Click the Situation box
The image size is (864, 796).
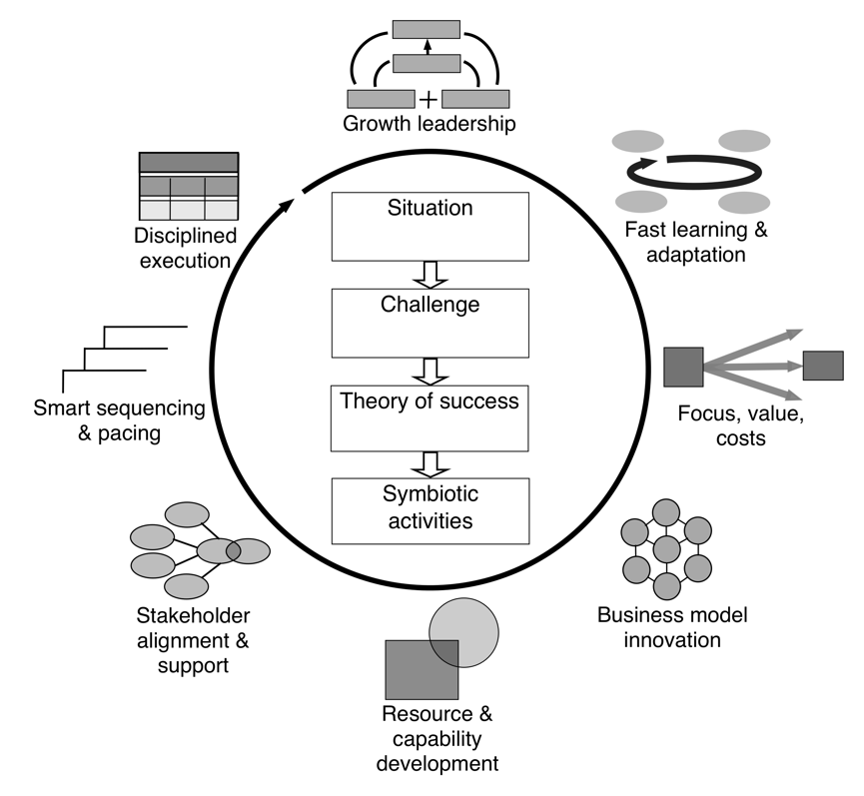click(431, 227)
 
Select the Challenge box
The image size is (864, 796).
click(431, 323)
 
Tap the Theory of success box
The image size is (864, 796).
click(431, 418)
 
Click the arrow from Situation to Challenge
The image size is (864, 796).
click(432, 274)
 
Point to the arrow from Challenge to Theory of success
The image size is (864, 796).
click(432, 371)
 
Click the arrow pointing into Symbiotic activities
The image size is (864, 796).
click(432, 465)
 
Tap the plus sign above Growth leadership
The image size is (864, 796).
click(428, 100)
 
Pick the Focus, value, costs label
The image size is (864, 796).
click(721, 423)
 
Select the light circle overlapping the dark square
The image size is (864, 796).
click(464, 630)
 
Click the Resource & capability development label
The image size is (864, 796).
click(438, 739)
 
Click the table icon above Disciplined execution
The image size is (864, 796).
click(188, 186)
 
